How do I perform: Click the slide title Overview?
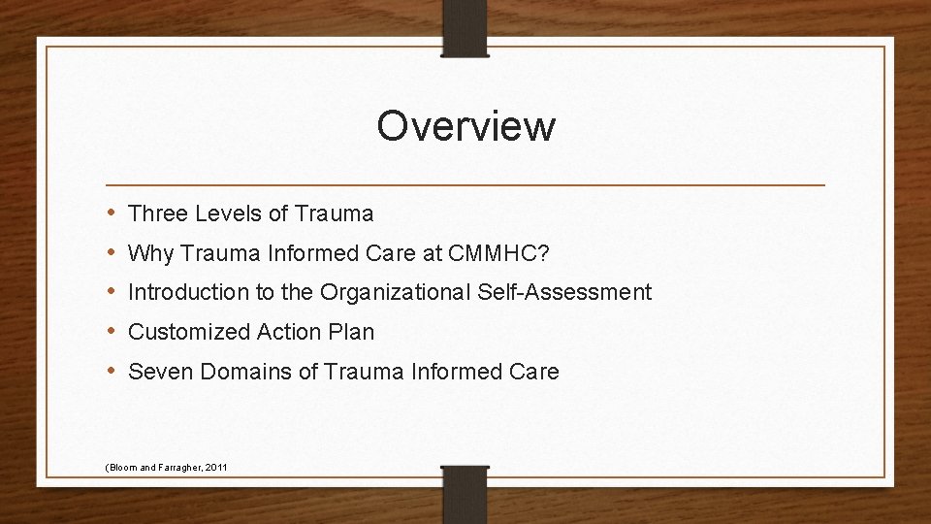click(465, 126)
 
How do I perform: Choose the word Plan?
click(351, 332)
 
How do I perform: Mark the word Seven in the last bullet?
click(156, 372)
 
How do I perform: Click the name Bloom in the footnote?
click(122, 468)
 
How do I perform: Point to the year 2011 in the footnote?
click(216, 468)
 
